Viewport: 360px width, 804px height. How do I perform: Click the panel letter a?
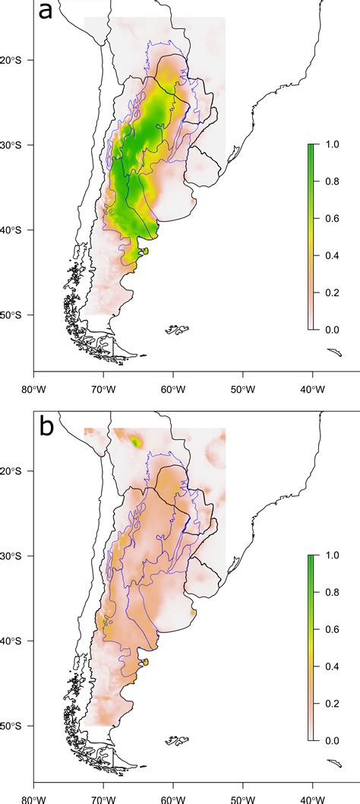(47, 12)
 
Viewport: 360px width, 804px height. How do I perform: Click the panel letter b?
(47, 426)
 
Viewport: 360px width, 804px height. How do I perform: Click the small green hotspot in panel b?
(137, 441)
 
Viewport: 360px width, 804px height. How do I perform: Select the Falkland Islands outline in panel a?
(178, 330)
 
